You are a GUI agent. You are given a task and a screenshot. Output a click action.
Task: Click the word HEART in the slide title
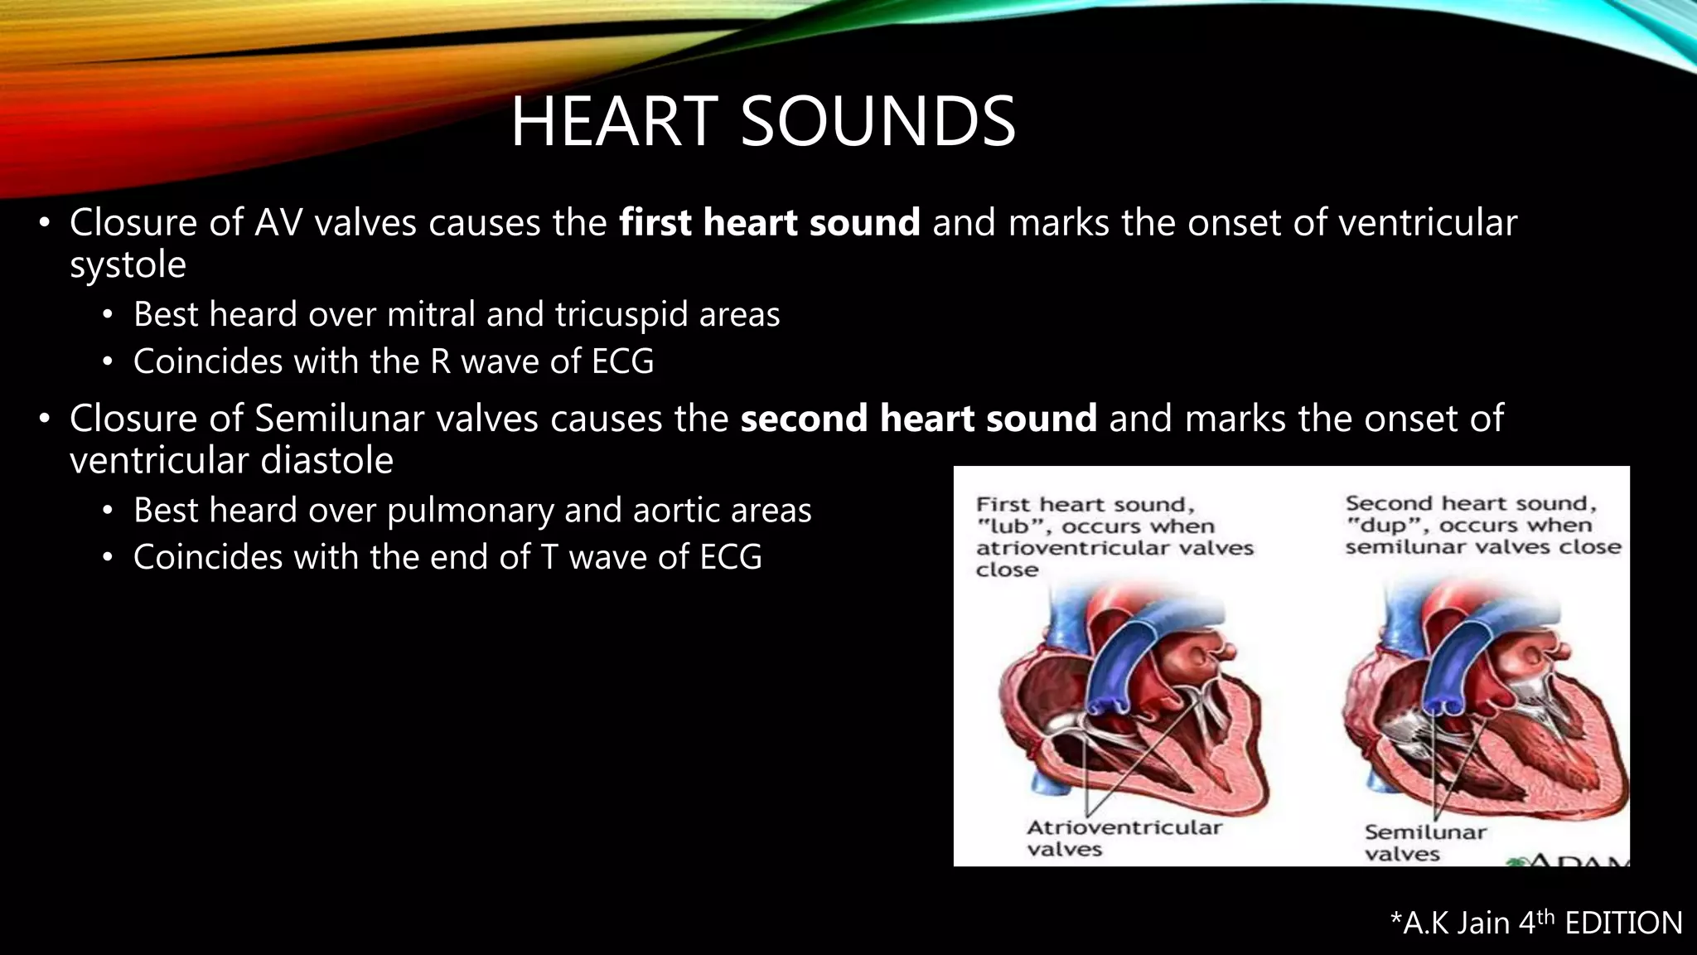(613, 122)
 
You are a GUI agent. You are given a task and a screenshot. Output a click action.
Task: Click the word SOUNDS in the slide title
(878, 122)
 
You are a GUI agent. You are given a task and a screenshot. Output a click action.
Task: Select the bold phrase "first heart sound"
(769, 222)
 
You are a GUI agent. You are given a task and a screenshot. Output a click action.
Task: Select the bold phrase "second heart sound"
(918, 418)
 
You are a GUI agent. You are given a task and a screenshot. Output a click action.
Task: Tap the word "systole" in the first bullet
(128, 265)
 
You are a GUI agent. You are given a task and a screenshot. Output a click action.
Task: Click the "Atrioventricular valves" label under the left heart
(1124, 837)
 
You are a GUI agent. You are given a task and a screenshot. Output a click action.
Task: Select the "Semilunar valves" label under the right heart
(1425, 842)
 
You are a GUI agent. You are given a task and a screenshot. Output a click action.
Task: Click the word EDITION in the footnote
(1623, 923)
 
